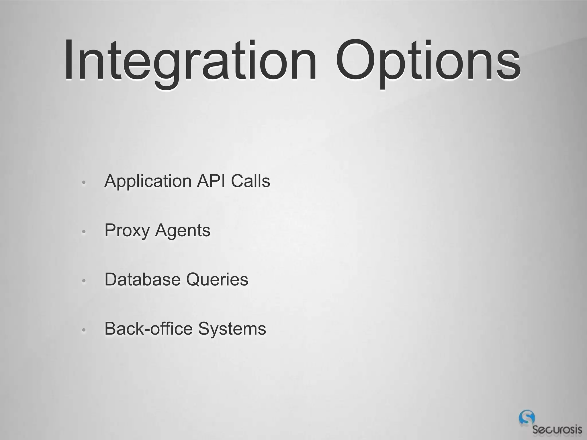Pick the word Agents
point(183,231)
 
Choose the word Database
point(142,279)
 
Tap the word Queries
point(217,279)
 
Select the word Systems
point(232,329)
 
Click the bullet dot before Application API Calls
point(84,182)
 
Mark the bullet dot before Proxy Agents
point(84,232)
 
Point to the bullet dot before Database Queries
point(84,281)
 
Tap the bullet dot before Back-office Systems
point(84,330)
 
